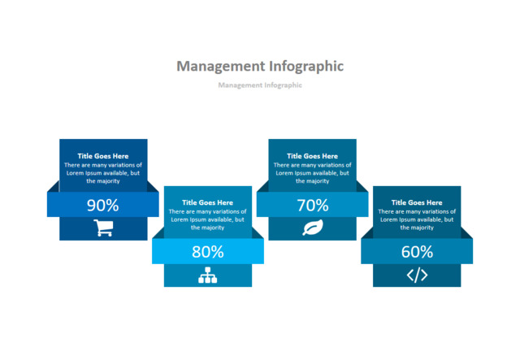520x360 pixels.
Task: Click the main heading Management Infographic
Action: (x=260, y=67)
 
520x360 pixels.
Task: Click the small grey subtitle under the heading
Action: (x=260, y=85)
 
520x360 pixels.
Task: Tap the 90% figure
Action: (x=103, y=205)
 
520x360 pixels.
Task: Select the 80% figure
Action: (x=208, y=252)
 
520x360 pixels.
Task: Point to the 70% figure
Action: (x=312, y=205)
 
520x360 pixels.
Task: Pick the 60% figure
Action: (x=417, y=252)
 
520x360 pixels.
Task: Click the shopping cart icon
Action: (x=103, y=228)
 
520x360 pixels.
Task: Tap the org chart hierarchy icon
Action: (x=208, y=275)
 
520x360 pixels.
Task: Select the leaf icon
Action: (x=313, y=228)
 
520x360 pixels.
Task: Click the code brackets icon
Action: (x=417, y=275)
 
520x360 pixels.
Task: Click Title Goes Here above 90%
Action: (x=103, y=156)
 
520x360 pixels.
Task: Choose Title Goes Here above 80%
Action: (x=208, y=202)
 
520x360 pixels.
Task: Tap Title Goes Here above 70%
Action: (x=312, y=156)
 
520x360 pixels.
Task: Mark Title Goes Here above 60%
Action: (x=417, y=202)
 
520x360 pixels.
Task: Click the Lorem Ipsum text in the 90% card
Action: (x=103, y=173)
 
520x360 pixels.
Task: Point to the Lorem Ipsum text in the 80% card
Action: (x=208, y=219)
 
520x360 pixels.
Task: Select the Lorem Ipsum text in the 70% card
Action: (x=312, y=173)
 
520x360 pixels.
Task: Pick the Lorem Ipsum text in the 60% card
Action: (x=417, y=219)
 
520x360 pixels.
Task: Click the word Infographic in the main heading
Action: (x=306, y=67)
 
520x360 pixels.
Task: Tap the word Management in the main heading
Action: (x=221, y=67)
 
